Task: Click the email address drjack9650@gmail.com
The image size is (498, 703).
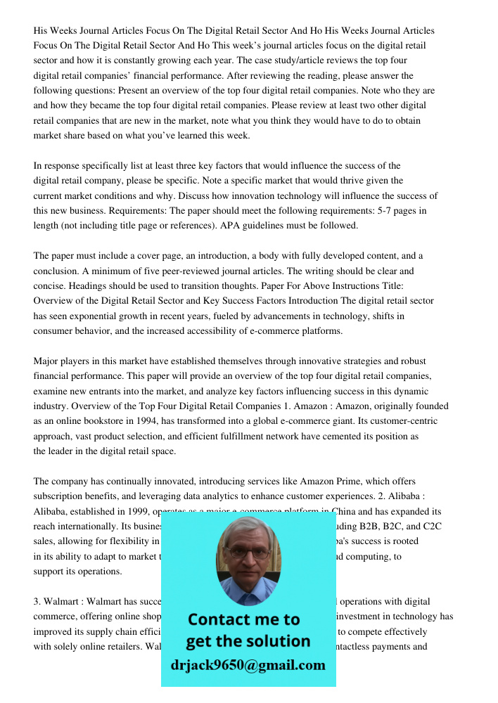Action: coord(248,665)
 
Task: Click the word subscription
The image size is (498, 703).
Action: coord(60,496)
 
